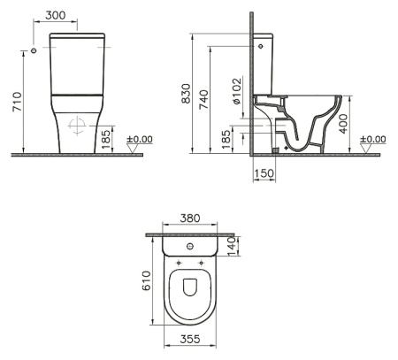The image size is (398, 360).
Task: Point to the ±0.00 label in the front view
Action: coord(139,140)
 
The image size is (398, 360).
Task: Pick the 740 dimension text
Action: coord(203,96)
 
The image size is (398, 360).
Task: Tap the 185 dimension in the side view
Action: coord(226,137)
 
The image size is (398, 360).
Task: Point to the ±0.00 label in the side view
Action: coord(373,140)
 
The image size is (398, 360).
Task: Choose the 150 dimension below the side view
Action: coord(264,174)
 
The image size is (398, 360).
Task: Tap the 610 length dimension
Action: coord(148,280)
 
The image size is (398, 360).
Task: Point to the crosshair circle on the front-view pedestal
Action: coord(78,124)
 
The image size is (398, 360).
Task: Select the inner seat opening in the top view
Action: coord(192,287)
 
